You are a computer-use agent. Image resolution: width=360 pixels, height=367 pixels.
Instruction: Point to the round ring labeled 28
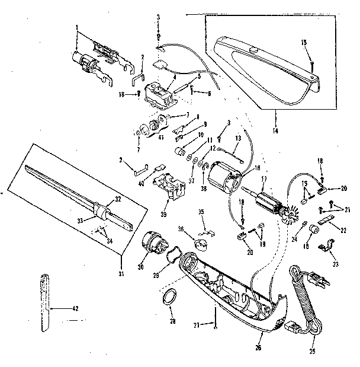(170, 296)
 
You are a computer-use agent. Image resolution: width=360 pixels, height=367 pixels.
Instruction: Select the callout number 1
(77, 27)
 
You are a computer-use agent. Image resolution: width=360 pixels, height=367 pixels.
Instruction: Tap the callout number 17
(265, 179)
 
